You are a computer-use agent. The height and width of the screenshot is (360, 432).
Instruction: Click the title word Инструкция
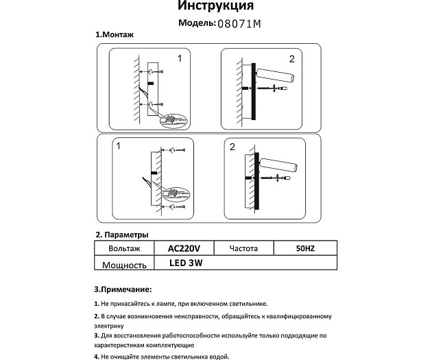coord(215,7)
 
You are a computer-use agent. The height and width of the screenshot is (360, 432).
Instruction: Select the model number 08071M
coord(239,23)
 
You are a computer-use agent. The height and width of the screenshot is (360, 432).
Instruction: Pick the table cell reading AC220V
coord(184,248)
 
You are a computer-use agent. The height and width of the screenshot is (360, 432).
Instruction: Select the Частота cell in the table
coord(244,248)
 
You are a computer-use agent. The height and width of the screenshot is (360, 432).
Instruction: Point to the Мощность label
coord(125,265)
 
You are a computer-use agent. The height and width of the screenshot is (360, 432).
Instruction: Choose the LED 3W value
coord(186,263)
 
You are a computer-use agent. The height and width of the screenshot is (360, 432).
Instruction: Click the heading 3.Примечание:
coord(123,290)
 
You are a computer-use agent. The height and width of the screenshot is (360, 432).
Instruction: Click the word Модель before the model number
coord(196,23)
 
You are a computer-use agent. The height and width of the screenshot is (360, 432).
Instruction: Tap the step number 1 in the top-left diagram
coord(180,59)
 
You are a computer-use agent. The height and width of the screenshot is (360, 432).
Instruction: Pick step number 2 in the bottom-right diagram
coord(232,147)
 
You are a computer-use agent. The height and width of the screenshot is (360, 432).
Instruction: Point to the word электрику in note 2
coord(110,326)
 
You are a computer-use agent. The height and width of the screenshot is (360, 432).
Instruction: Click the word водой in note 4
coord(219,357)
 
